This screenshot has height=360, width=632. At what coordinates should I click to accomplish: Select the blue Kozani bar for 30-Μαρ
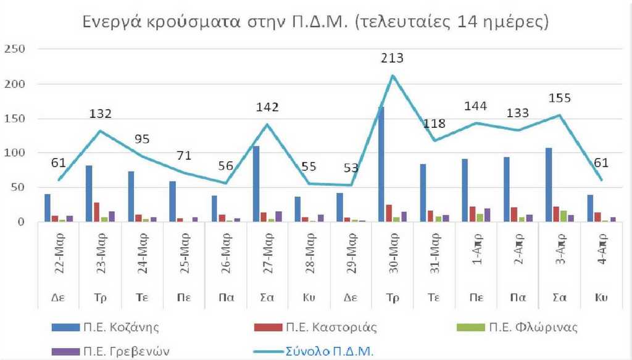pyautogui.click(x=381, y=164)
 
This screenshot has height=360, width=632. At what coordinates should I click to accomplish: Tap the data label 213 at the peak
pyautogui.click(x=392, y=59)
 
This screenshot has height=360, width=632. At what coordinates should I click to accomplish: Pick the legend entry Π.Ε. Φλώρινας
pyautogui.click(x=534, y=327)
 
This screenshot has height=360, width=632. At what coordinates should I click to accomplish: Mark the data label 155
pyautogui.click(x=559, y=98)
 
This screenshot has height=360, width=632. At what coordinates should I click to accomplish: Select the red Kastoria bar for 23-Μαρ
pyautogui.click(x=96, y=212)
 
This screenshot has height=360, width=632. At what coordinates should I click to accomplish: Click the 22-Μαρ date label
pyautogui.click(x=59, y=255)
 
